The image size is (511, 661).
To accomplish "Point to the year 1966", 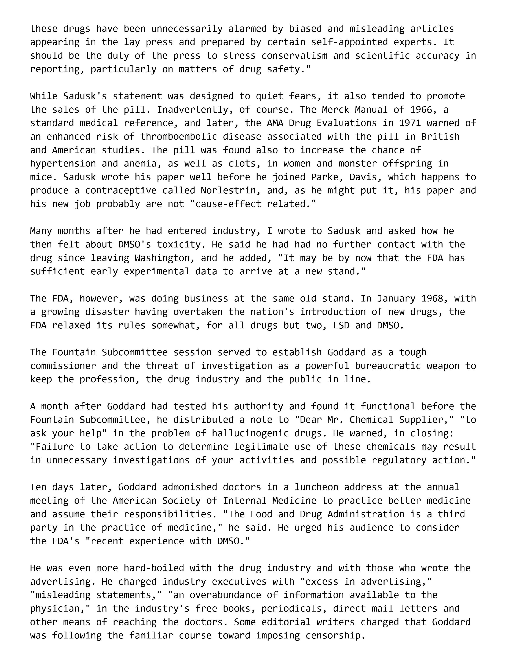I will (421, 110).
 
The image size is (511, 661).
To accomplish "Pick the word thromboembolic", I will (179, 136).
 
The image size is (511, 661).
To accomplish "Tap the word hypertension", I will (63, 163).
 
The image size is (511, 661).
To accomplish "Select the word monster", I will (358, 163).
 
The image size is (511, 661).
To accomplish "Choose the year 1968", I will (432, 298).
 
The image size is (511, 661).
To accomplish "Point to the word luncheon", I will (316, 487).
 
